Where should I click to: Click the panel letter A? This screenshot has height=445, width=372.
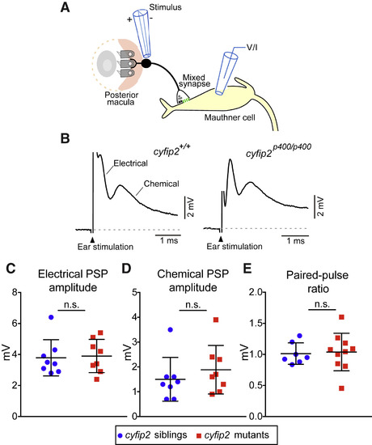pos(65,7)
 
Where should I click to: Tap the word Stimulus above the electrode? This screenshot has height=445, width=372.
pos(166,7)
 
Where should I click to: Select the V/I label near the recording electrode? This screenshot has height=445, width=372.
pos(252,48)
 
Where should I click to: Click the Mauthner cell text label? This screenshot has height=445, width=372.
pos(230,117)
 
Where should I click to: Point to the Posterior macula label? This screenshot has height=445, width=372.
pos(121,98)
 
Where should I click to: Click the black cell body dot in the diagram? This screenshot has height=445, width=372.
pos(146,63)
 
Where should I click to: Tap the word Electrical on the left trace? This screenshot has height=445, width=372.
pos(130,163)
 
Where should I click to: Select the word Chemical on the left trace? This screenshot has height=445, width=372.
pos(162,184)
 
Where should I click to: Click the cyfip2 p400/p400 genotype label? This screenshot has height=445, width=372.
pos(279,150)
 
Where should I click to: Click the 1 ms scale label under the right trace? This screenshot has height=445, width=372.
pos(295,241)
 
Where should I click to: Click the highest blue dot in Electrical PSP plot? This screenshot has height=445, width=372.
pos(51,317)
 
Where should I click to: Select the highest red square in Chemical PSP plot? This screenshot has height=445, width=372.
pos(216,320)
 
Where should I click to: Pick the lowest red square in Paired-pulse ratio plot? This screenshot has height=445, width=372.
pos(341,388)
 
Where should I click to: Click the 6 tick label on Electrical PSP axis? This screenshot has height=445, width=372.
pos(15,324)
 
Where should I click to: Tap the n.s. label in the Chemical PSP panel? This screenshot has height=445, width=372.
pos(193,304)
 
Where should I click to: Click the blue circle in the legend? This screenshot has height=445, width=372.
pos(120,435)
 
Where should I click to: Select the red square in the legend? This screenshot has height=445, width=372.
pos(199,435)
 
